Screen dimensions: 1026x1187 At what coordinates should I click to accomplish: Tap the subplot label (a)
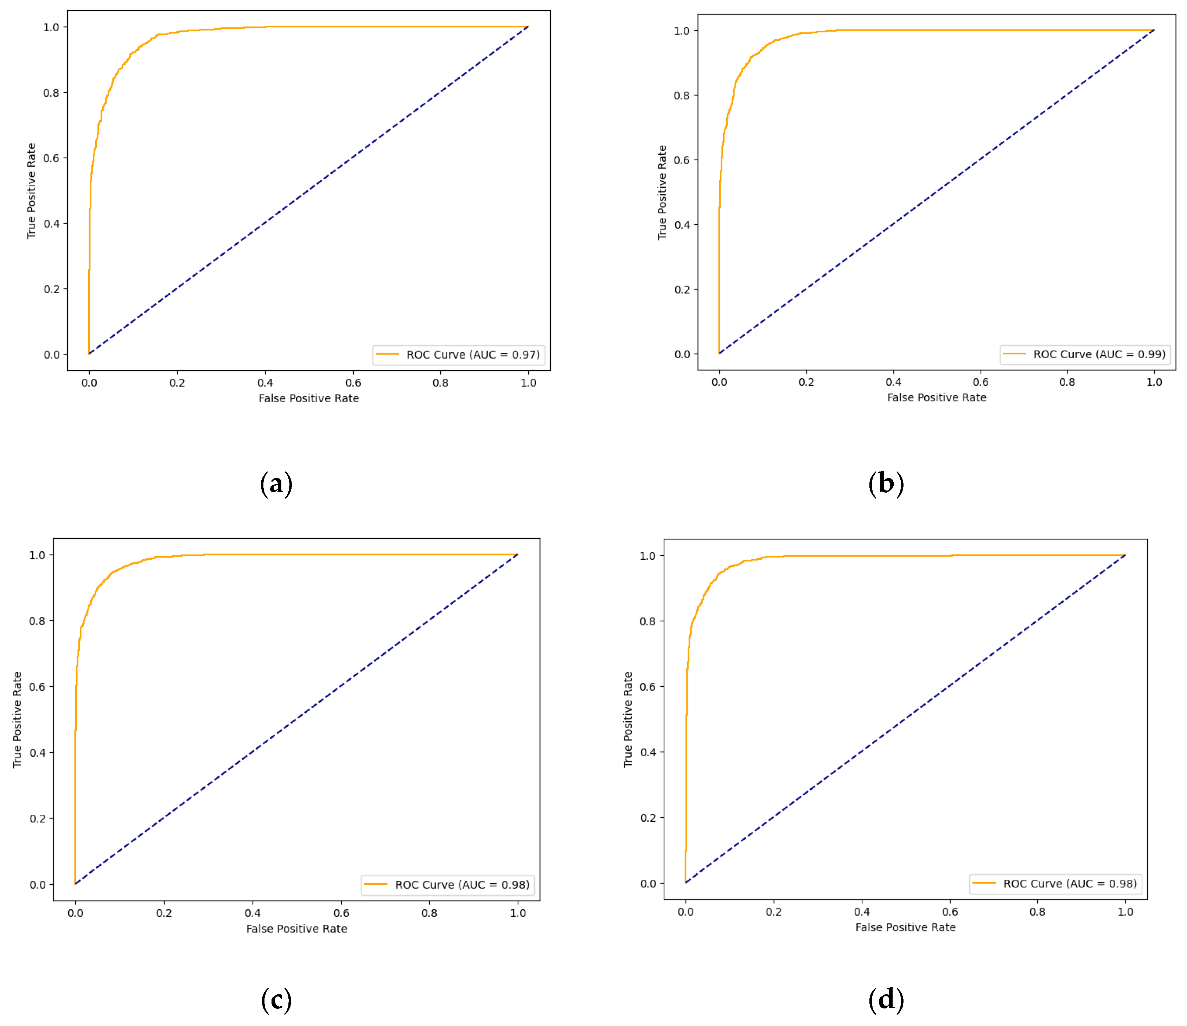pyautogui.click(x=276, y=484)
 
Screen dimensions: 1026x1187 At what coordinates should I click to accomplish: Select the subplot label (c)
pyautogui.click(x=276, y=1000)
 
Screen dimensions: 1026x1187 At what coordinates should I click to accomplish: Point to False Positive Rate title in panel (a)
pyautogui.click(x=309, y=398)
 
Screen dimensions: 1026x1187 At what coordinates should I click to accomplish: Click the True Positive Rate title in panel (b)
pyautogui.click(x=662, y=192)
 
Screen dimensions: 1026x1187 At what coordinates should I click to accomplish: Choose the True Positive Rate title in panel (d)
pyautogui.click(x=628, y=719)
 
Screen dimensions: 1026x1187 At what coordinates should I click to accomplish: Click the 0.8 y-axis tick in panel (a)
pyautogui.click(x=52, y=93)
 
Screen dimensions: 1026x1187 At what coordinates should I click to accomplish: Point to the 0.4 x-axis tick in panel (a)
pyautogui.click(x=265, y=383)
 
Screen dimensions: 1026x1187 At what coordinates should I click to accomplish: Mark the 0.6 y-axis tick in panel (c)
pyautogui.click(x=37, y=687)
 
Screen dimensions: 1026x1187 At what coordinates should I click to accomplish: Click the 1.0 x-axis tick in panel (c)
pyautogui.click(x=517, y=913)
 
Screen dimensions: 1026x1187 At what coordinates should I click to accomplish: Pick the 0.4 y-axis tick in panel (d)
pyautogui.click(x=648, y=752)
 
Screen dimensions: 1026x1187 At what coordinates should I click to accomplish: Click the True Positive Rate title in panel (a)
pyautogui.click(x=32, y=191)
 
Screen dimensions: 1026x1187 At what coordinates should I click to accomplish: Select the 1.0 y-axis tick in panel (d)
pyautogui.click(x=647, y=556)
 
